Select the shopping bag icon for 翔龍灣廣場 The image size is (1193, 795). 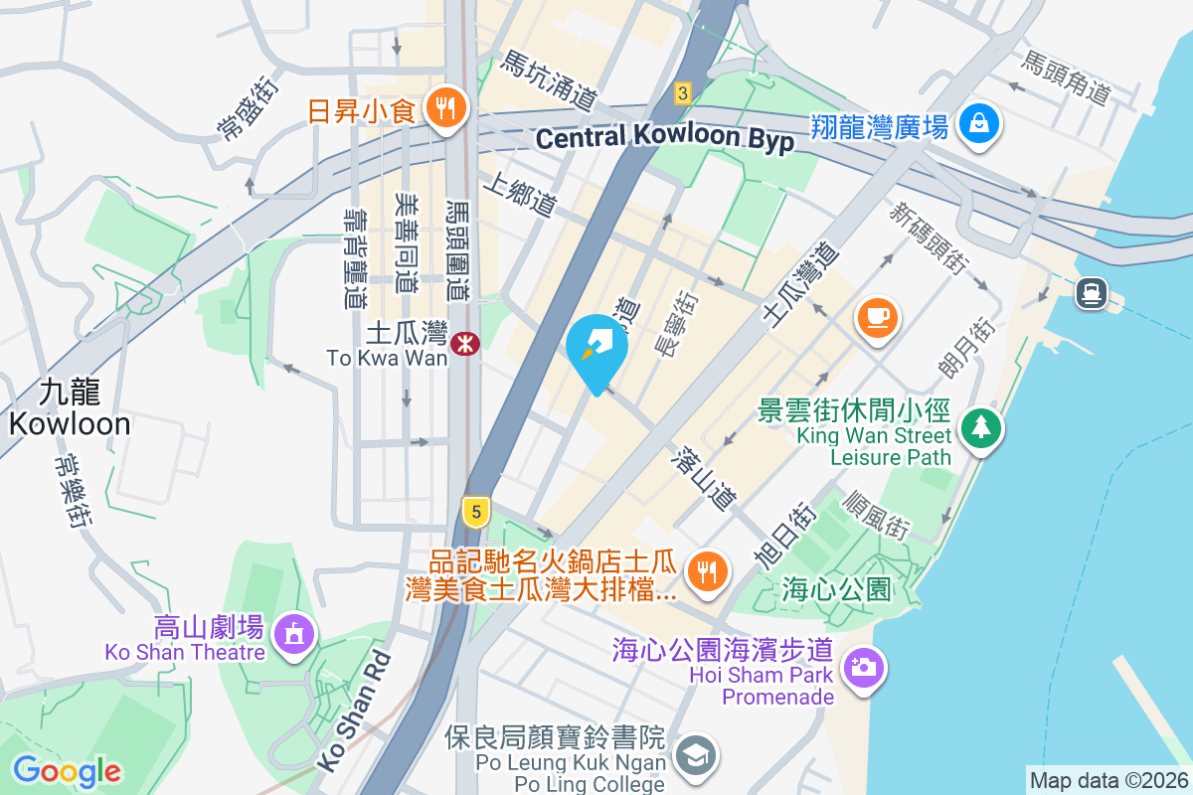979,125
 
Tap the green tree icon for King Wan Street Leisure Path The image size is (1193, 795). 981,428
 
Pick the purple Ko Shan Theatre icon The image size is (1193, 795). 293,633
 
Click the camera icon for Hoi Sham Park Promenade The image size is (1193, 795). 863,667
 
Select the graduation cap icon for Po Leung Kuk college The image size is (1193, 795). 695,754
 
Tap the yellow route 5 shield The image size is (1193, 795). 477,513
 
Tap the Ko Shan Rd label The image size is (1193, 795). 354,713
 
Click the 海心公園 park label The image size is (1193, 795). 836,588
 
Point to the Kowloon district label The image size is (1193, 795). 71,408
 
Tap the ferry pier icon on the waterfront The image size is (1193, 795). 1091,291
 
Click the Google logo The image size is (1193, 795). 68,770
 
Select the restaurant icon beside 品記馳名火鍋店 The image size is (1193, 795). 707,571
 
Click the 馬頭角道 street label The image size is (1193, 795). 1065,79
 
